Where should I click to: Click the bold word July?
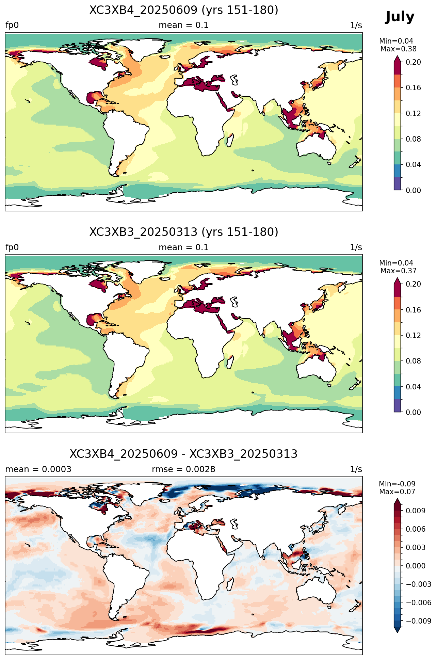(400, 17)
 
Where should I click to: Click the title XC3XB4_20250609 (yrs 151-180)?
(184, 10)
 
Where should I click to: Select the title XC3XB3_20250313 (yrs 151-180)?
(184, 232)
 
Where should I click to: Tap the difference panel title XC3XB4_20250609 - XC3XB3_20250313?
(184, 454)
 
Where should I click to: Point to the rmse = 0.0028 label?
(184, 469)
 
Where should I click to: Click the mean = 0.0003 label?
(38, 469)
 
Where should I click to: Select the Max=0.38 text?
(398, 49)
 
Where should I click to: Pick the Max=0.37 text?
(398, 271)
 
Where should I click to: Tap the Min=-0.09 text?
(397, 484)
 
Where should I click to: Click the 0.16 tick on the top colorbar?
(413, 88)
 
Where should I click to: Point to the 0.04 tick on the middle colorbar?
(413, 387)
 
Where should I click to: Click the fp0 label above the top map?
(12, 26)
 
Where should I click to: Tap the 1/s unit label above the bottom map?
(356, 469)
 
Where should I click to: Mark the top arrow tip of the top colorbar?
(398, 56)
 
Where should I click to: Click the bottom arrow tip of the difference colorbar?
(398, 633)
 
